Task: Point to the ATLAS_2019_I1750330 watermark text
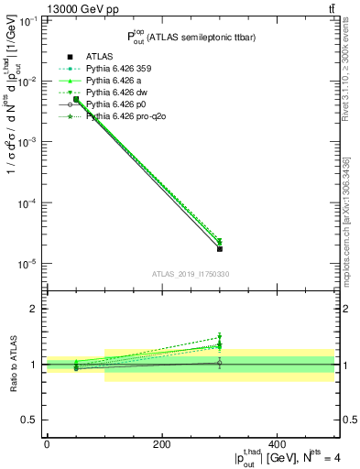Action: point(190,274)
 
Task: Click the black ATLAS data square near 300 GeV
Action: point(220,248)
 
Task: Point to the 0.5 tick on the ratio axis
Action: point(31,420)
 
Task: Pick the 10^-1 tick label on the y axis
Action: point(27,21)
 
